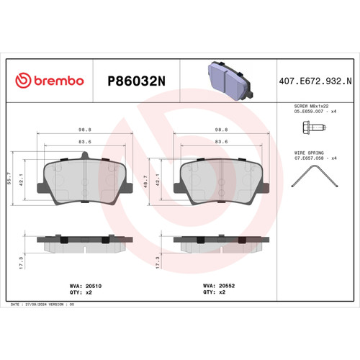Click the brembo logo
50,81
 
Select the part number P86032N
137,81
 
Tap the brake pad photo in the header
225,78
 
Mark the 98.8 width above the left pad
84,130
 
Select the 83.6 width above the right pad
221,142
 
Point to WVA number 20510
90,286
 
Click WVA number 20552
228,286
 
